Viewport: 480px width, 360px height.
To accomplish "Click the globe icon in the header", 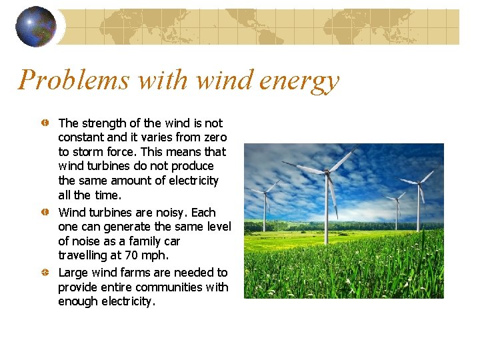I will click(35, 27).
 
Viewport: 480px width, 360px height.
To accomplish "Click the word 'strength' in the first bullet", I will click(103, 123).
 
